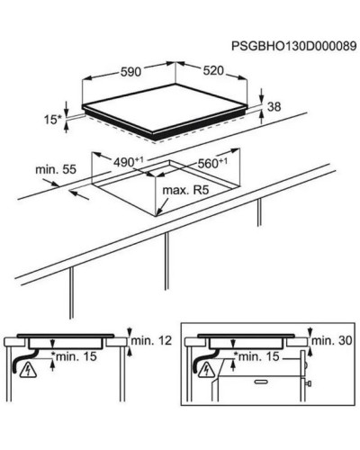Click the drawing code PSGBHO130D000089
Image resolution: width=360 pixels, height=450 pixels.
click(294, 47)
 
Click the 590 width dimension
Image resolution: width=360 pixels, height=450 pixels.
click(130, 72)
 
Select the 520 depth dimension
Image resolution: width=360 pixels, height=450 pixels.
click(213, 71)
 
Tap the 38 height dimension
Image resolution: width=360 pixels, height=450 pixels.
click(274, 106)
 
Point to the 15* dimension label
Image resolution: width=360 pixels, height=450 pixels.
click(52, 120)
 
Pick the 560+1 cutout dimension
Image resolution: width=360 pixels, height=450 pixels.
click(212, 164)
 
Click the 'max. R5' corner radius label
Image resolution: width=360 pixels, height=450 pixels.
click(185, 190)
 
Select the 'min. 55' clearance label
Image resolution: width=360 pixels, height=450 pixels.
click(56, 169)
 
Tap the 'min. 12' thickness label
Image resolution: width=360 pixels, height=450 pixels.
click(151, 340)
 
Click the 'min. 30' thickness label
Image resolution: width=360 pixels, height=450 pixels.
click(332, 340)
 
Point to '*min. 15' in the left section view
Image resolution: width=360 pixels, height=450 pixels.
click(74, 356)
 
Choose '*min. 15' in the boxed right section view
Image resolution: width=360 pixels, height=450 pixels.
click(256, 356)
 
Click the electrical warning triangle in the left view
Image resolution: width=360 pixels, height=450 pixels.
click(28, 370)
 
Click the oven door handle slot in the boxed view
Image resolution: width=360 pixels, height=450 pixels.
click(260, 382)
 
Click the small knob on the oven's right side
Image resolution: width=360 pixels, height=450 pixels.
click(309, 383)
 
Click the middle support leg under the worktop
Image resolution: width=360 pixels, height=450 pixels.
click(166, 261)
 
